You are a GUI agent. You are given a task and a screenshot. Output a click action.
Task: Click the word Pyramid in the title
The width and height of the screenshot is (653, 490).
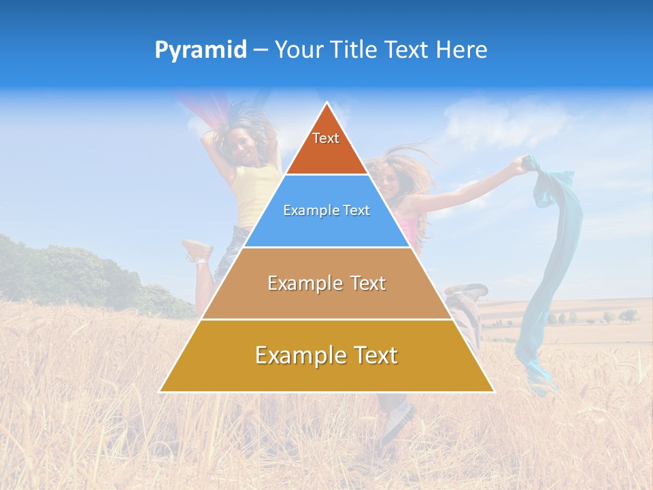point(200,50)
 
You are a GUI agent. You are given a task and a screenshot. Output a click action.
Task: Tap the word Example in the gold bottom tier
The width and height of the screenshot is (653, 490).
point(297,355)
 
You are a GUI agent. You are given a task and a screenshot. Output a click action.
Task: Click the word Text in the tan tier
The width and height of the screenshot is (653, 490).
point(368,283)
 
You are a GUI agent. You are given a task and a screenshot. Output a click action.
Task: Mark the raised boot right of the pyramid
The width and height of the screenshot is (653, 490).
point(468,291)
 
